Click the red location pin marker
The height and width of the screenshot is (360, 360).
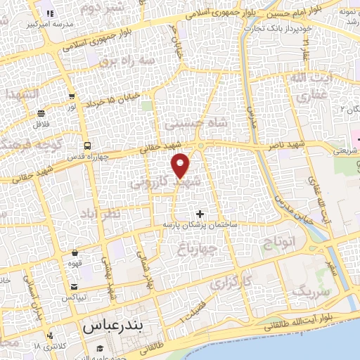(x=181, y=165)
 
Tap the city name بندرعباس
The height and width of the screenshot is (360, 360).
(x=112, y=326)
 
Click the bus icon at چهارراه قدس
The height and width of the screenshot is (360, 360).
(x=86, y=146)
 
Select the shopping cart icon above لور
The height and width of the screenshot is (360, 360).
(x=72, y=96)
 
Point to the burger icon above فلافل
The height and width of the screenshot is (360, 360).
(x=41, y=113)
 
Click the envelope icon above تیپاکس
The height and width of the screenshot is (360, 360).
(x=75, y=287)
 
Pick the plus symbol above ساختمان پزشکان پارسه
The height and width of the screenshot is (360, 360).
(x=200, y=213)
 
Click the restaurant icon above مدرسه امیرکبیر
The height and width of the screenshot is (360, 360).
(x=49, y=13)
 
